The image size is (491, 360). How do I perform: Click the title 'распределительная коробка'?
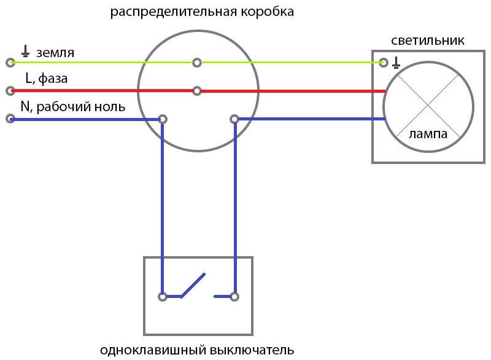click(x=202, y=12)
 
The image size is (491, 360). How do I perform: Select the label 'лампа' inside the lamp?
click(x=428, y=133)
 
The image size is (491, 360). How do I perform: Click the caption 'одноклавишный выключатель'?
click(x=197, y=351)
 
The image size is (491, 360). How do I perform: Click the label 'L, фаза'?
click(x=47, y=79)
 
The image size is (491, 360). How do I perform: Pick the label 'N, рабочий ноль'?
click(x=73, y=106)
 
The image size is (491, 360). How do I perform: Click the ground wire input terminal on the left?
click(x=10, y=63)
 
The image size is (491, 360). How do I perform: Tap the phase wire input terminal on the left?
click(x=10, y=91)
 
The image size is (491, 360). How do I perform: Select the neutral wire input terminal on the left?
click(x=10, y=119)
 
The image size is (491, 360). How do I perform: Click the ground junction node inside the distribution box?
click(x=196, y=62)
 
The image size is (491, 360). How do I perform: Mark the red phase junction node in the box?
click(x=196, y=91)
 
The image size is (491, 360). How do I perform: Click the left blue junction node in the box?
click(x=163, y=119)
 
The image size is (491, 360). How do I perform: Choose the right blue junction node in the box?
click(x=234, y=119)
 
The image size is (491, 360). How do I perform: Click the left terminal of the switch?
click(x=163, y=296)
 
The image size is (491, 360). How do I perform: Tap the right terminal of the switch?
click(x=234, y=296)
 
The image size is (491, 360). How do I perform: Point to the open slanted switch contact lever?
click(x=193, y=285)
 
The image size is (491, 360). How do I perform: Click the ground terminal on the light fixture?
click(x=384, y=63)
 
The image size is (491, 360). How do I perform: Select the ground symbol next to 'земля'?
click(x=26, y=52)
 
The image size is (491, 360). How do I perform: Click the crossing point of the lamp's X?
click(x=428, y=107)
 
